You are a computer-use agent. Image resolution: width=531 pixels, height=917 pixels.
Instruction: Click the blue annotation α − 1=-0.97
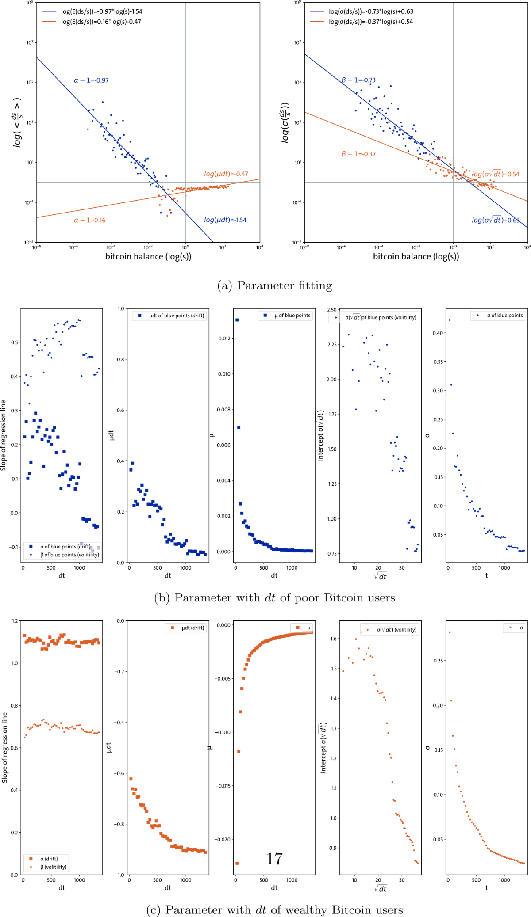91,80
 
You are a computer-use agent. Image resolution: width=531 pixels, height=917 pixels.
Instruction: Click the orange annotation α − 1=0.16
89,220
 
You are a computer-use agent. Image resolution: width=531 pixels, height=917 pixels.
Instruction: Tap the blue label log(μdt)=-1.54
225,220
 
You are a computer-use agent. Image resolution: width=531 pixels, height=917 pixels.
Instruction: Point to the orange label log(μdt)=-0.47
225,174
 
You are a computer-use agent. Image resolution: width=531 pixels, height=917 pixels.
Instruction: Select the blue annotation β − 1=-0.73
358,80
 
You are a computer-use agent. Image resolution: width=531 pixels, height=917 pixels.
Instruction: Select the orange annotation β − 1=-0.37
358,154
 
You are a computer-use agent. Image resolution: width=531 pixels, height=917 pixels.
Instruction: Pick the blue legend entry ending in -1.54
101,11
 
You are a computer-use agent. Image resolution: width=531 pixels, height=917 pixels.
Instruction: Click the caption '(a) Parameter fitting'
274,286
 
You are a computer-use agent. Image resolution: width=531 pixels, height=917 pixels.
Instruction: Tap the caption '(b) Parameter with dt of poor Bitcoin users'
274,598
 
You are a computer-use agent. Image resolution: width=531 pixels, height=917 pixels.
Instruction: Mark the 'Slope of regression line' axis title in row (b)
5,435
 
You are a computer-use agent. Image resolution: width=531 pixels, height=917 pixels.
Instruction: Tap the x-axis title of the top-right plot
416,256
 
